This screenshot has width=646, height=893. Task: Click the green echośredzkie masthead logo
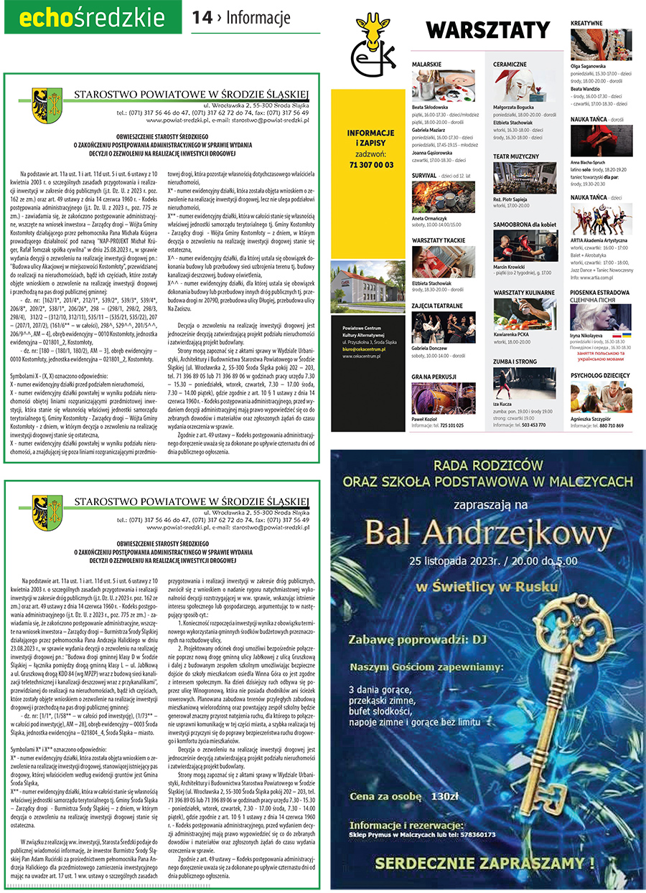pos(93,18)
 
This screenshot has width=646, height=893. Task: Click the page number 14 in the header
pos(202,17)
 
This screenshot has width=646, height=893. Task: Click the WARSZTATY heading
pos(488,30)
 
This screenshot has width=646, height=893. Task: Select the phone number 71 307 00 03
pos(370,164)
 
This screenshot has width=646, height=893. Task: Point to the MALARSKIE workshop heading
pos(426,64)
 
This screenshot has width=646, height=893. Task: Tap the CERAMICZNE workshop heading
pos(510,64)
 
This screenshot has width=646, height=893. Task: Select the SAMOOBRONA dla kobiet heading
pos(525,225)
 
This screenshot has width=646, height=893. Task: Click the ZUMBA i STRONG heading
pos(515,362)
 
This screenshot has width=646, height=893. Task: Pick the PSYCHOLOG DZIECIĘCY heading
pos(600,375)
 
